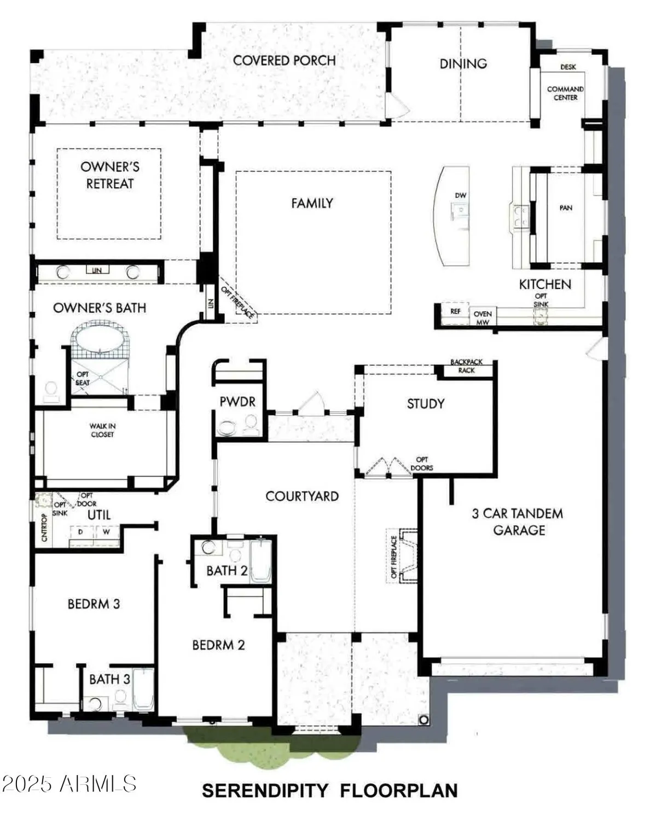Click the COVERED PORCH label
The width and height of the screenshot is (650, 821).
click(284, 60)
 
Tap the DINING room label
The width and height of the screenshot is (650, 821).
click(463, 63)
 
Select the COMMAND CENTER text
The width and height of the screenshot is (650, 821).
click(565, 93)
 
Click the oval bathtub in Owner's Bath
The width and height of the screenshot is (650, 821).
click(100, 340)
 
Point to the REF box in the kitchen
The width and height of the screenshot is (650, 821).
click(455, 311)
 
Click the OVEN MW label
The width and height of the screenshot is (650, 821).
click(483, 317)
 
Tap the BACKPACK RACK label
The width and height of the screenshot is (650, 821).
click(466, 366)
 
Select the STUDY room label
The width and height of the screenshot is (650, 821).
click(425, 404)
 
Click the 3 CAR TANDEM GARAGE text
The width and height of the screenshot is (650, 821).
click(517, 522)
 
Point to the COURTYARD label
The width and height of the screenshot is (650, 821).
click(302, 496)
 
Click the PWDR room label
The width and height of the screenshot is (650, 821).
click(237, 402)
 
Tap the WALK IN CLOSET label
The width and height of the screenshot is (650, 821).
click(102, 430)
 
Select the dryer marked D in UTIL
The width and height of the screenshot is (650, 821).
click(81, 532)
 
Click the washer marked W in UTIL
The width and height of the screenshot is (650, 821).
click(106, 532)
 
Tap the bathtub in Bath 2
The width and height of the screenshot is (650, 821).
click(261, 561)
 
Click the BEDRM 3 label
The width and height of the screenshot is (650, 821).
click(94, 604)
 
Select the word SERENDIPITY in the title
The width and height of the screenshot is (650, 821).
click(265, 790)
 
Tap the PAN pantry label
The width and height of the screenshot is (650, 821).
click(566, 208)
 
